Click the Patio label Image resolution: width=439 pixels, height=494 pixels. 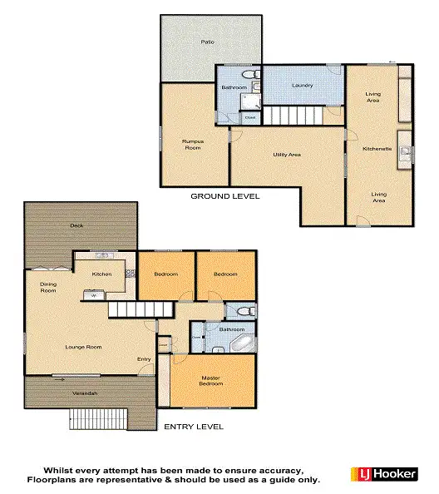click(x=207, y=41)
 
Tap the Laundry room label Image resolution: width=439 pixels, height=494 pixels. click(x=302, y=86)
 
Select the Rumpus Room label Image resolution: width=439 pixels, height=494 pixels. click(x=193, y=145)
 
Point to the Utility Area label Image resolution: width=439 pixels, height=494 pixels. click(x=287, y=155)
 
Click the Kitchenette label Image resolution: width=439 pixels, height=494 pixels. click(x=377, y=148)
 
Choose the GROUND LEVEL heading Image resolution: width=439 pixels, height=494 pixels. click(x=225, y=196)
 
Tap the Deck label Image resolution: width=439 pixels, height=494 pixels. click(x=77, y=225)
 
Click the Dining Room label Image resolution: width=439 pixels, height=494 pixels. click(x=48, y=288)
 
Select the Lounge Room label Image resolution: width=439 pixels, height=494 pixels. click(x=83, y=346)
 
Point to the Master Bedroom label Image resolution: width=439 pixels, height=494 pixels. click(x=211, y=381)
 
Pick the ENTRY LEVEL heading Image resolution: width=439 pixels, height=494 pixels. click(x=194, y=427)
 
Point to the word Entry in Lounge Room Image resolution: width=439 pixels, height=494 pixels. click(x=144, y=359)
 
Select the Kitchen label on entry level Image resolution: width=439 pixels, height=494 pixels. click(x=101, y=274)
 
